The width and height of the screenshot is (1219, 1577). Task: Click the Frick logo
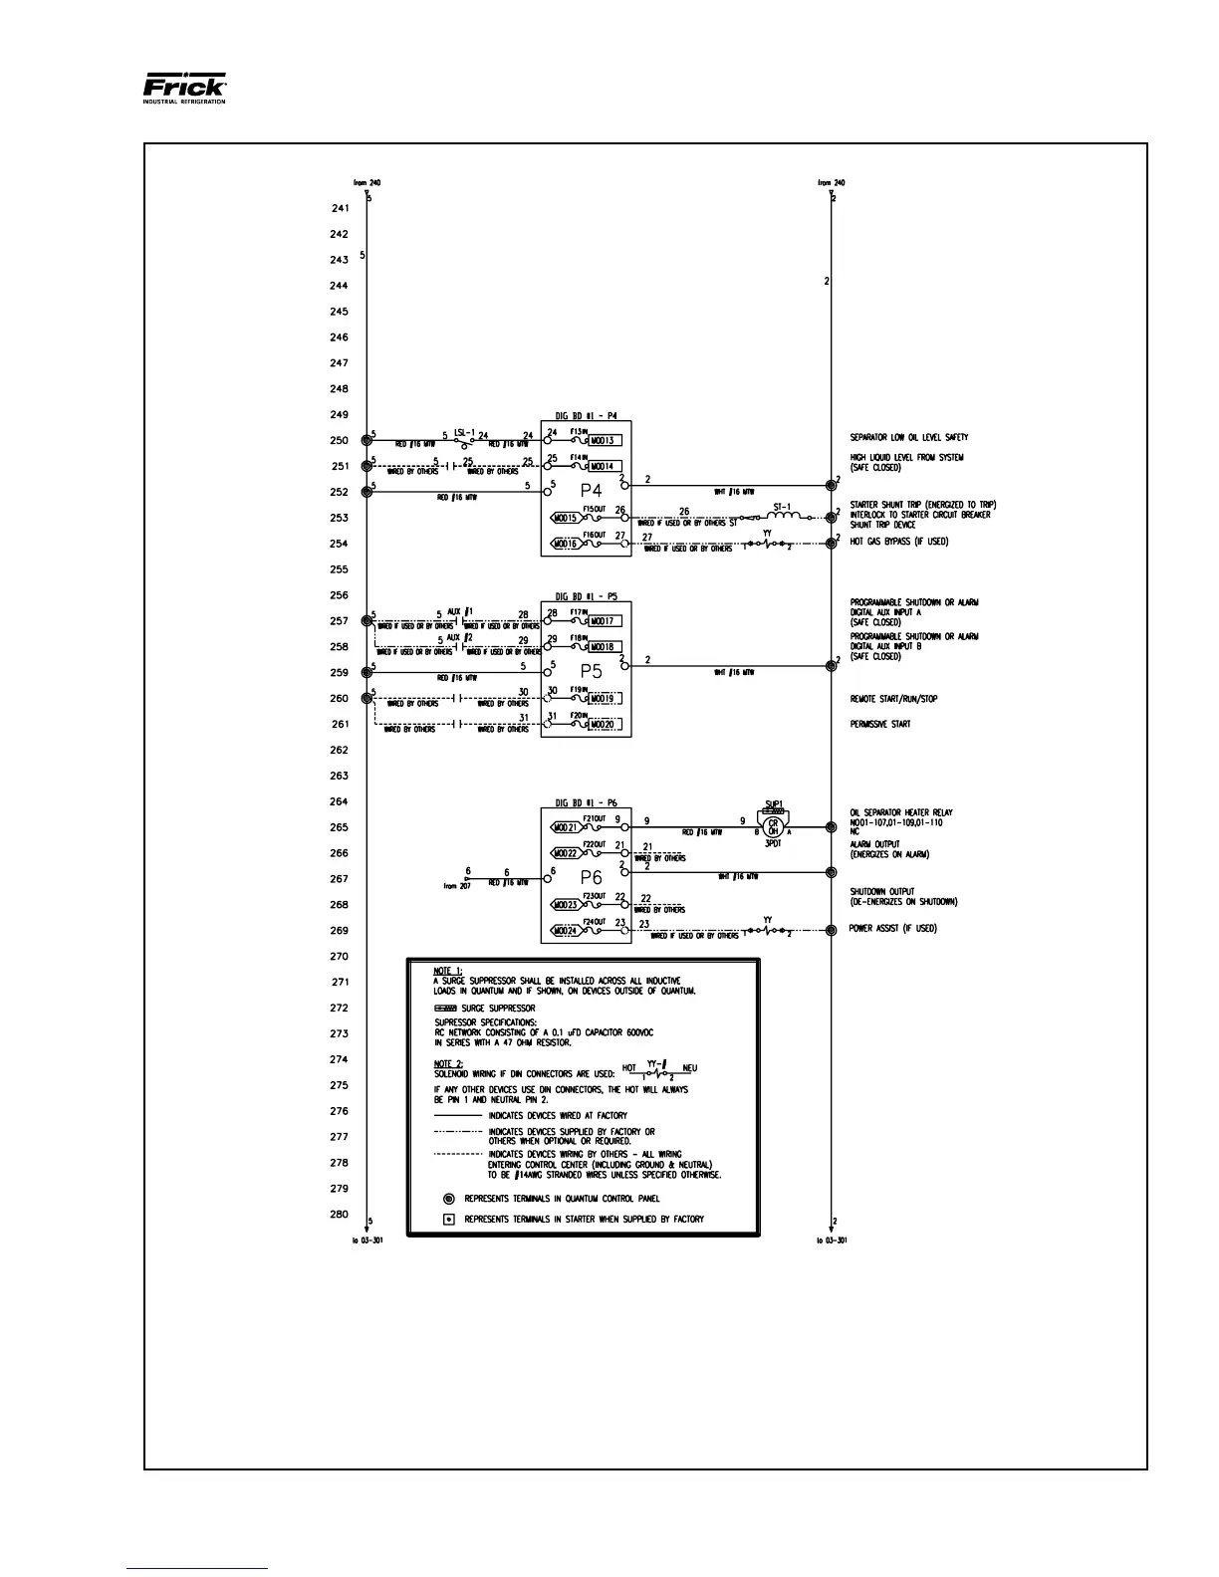click(185, 89)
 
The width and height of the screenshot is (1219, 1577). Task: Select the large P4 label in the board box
click(593, 491)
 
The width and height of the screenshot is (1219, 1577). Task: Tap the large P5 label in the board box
click(592, 671)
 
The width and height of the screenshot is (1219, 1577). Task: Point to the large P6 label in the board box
click(592, 878)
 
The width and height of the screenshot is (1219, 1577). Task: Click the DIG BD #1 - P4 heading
click(586, 416)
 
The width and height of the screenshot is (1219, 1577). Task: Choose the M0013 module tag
click(604, 440)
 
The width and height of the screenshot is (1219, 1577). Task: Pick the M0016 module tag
click(565, 544)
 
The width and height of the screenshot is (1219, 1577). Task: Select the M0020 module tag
click(604, 725)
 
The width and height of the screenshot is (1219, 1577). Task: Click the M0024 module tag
click(565, 931)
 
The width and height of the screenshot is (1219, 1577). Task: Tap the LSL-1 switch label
click(465, 432)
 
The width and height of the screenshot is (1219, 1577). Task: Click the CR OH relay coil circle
click(773, 825)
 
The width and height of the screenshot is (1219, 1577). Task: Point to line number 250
click(339, 440)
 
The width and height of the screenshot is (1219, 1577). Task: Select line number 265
click(339, 827)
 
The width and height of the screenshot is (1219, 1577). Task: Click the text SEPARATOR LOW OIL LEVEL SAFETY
click(908, 438)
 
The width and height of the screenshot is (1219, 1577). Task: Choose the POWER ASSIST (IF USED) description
click(892, 929)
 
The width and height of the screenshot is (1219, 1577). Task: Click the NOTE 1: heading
click(448, 971)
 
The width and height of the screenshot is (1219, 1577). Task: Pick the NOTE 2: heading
click(448, 1063)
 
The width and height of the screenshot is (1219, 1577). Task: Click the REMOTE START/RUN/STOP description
click(893, 699)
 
